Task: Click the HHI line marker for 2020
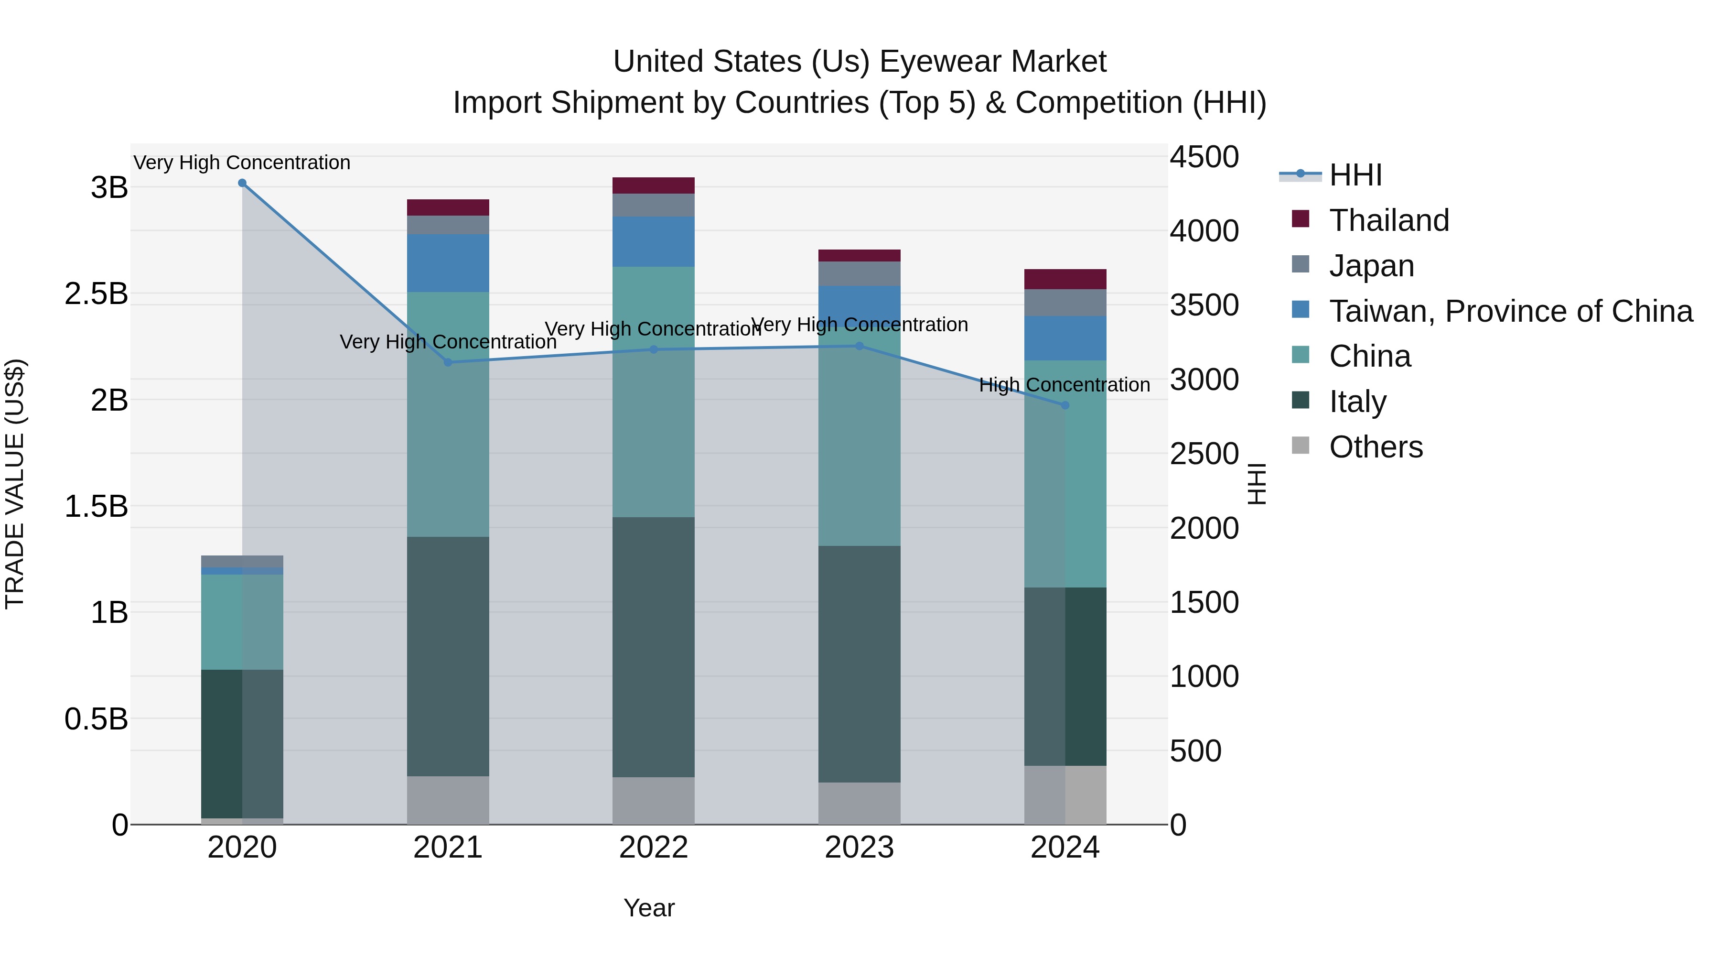(x=242, y=183)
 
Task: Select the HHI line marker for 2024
(x=1065, y=405)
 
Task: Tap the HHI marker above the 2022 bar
(x=654, y=349)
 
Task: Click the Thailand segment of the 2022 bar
(x=654, y=186)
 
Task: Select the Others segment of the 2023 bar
(x=860, y=803)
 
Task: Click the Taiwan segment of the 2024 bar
(x=1065, y=339)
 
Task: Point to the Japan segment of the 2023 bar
(x=860, y=274)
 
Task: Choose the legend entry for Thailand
(x=1389, y=220)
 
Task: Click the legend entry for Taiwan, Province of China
(x=1510, y=311)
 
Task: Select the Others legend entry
(x=1376, y=447)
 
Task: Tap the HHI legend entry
(x=1355, y=175)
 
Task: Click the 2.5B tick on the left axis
(x=96, y=294)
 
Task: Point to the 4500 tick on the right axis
(x=1204, y=158)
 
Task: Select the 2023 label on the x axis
(x=860, y=848)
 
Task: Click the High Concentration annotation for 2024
(x=1064, y=385)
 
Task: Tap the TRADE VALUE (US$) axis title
(x=15, y=484)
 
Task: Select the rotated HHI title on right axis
(x=1257, y=484)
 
